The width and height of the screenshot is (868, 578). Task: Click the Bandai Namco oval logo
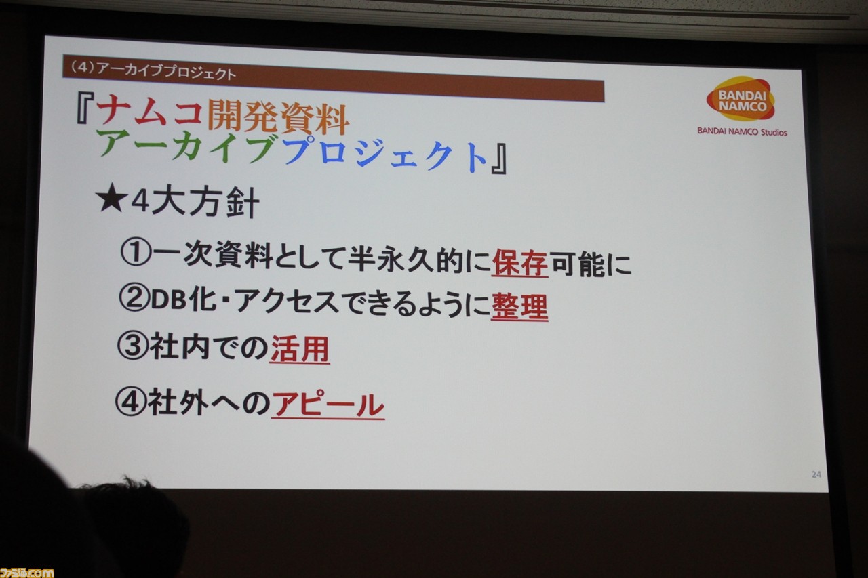741,99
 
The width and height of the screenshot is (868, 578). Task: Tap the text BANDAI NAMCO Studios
742,131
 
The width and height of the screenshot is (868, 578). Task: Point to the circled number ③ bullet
132,346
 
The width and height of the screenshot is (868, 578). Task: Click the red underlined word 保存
520,264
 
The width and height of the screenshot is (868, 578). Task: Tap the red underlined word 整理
519,307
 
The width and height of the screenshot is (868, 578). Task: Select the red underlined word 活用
300,350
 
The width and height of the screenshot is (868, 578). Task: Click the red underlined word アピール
328,405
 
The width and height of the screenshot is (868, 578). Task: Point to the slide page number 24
816,474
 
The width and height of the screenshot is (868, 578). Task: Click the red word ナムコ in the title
150,112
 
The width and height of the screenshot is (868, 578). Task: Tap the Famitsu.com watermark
26,572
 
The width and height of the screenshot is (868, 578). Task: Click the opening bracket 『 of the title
85,109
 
